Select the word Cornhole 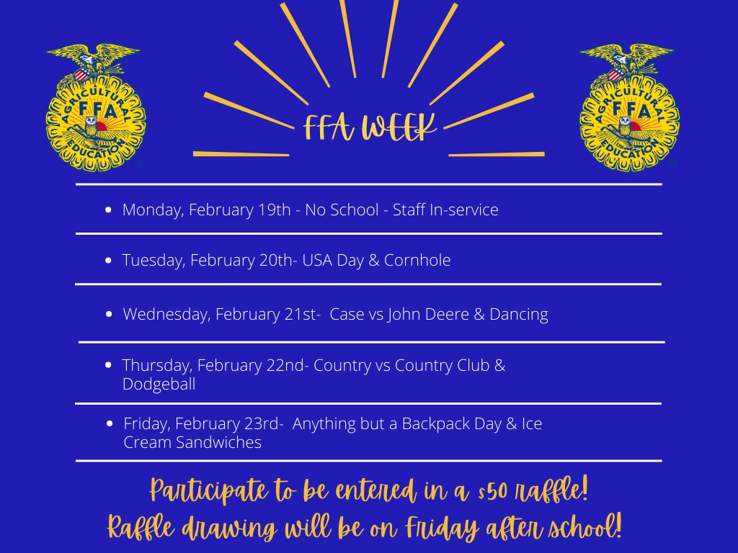(x=418, y=260)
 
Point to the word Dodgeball (x=159, y=385)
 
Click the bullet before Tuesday (x=108, y=261)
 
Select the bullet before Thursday (x=108, y=366)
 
